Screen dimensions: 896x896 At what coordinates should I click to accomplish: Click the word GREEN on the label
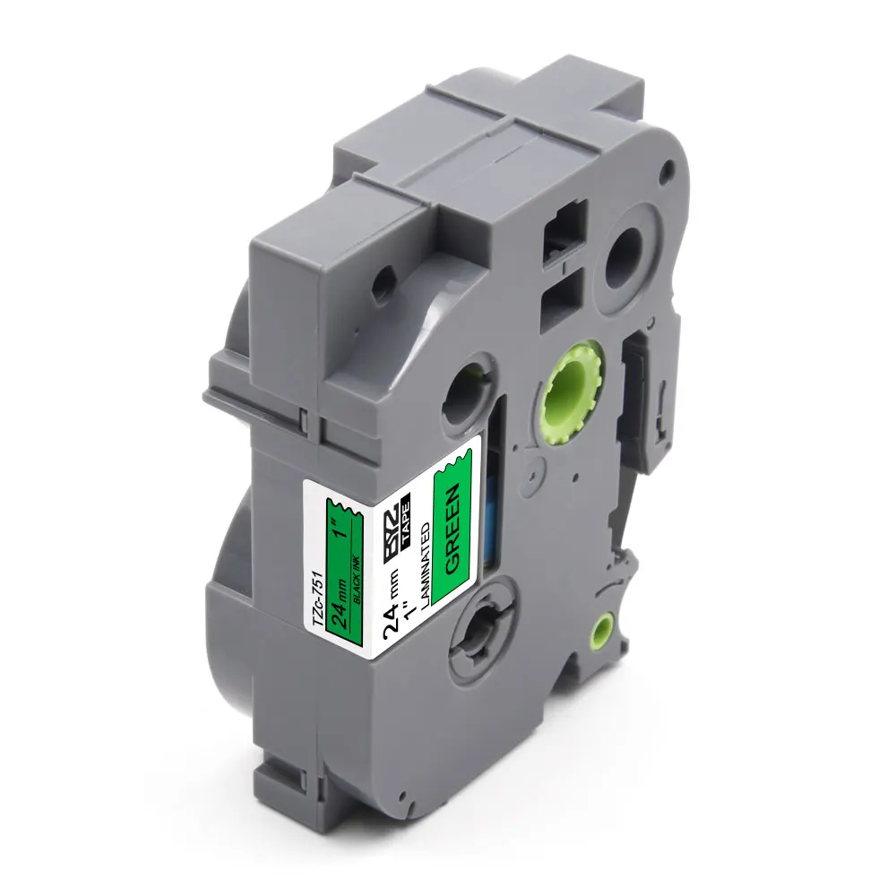452,529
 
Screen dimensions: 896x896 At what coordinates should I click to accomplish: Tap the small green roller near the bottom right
605,629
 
